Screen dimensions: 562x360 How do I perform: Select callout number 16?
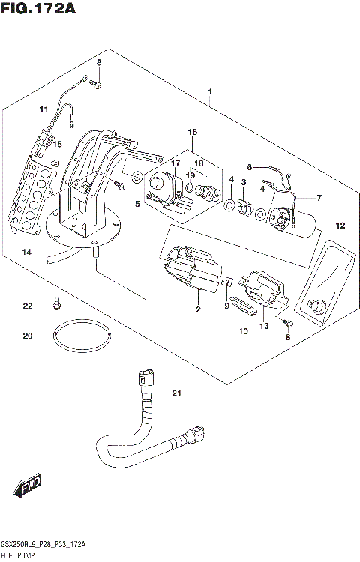click(x=192, y=133)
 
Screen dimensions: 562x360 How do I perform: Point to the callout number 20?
click(x=28, y=336)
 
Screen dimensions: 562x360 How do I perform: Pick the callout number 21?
click(x=177, y=393)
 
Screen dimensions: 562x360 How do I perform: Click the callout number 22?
click(x=28, y=306)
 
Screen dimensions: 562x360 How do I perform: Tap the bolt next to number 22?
click(x=56, y=303)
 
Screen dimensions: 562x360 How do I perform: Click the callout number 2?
click(x=198, y=309)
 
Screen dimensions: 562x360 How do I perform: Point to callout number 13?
click(x=264, y=327)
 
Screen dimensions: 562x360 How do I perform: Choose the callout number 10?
click(x=243, y=330)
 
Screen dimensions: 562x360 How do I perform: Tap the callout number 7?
click(x=319, y=198)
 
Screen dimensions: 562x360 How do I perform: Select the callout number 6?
click(x=250, y=168)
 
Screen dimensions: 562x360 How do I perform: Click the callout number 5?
click(x=137, y=203)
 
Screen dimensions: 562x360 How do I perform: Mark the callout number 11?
click(x=43, y=110)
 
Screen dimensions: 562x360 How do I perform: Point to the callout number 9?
click(x=226, y=305)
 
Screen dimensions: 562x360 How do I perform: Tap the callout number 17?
click(x=175, y=163)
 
